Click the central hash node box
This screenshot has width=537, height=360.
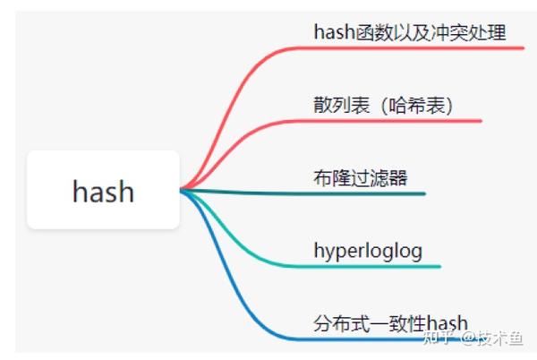(x=103, y=190)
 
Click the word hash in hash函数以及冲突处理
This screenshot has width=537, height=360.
(x=335, y=33)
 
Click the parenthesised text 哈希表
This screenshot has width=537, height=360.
(x=417, y=105)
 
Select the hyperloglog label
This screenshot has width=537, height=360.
(x=367, y=250)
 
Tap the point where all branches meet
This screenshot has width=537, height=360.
(x=183, y=190)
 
